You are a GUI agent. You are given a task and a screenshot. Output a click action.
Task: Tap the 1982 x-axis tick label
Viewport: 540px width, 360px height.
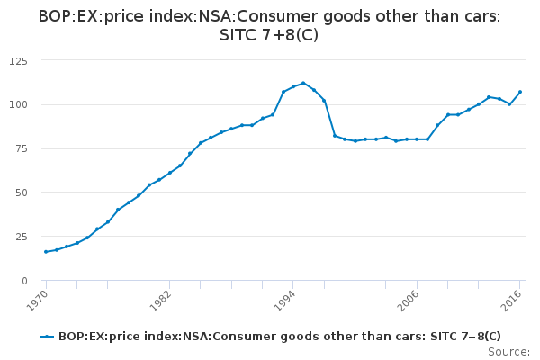point(161,300)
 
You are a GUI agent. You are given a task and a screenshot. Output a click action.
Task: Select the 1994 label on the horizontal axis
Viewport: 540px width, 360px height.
point(285,300)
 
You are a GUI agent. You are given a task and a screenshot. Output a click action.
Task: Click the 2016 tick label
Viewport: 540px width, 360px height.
point(513,300)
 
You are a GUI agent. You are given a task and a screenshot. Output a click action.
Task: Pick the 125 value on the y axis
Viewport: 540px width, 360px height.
point(18,60)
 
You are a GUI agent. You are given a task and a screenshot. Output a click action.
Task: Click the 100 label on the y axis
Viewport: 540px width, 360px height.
point(18,104)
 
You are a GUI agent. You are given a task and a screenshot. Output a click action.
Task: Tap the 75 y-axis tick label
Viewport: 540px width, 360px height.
point(21,148)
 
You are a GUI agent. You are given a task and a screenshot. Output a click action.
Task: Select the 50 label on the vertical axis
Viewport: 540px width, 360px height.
point(21,193)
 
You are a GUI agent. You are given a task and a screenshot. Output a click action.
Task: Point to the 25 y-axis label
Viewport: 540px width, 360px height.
point(21,237)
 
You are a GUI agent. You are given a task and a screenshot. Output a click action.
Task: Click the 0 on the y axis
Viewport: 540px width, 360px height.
point(24,281)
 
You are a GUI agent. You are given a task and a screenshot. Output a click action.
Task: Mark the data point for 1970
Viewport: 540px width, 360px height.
point(46,252)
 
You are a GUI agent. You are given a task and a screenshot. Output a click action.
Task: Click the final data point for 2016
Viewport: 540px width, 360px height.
point(520,92)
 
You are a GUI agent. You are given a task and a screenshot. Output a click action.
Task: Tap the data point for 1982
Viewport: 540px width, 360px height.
point(169,173)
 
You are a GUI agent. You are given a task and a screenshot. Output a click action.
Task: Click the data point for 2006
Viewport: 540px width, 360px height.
point(417,139)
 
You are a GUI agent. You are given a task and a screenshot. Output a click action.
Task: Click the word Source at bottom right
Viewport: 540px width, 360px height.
point(508,351)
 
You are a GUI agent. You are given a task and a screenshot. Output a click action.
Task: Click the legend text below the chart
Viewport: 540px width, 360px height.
point(279,336)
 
